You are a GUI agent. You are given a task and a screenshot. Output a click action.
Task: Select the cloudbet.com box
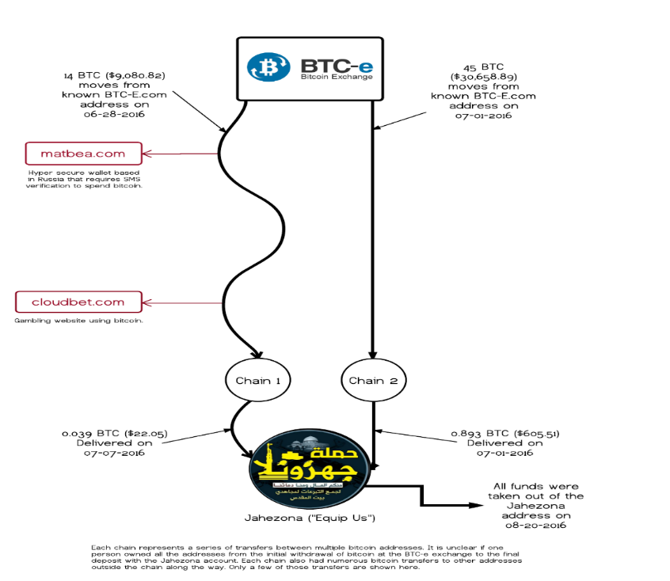pos(78,302)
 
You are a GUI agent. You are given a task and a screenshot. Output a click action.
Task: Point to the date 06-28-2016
pos(114,114)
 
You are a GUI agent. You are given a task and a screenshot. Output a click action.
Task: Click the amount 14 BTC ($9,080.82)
pos(115,76)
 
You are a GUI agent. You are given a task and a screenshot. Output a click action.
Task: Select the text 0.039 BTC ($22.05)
pos(114,434)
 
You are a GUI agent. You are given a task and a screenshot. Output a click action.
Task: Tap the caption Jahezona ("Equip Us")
pos(308,518)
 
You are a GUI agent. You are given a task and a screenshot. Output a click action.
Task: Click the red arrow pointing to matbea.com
pos(182,154)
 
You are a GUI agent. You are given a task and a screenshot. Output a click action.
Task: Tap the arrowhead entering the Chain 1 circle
pos(254,354)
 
